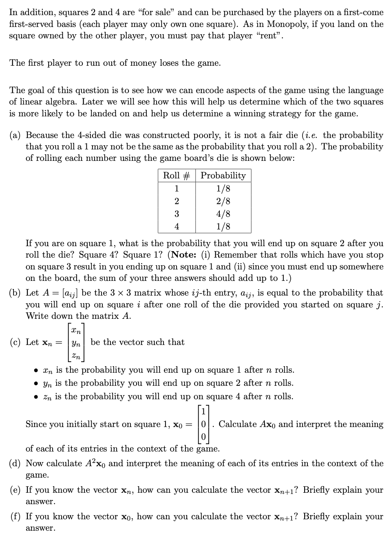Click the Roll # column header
pyautogui.click(x=177, y=176)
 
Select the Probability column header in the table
pyautogui.click(x=223, y=176)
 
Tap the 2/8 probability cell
pyautogui.click(x=223, y=201)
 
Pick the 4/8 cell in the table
pyautogui.click(x=223, y=214)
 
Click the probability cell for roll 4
pyautogui.click(x=223, y=226)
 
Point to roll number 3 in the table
pyautogui.click(x=177, y=214)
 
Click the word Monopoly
pyautogui.click(x=287, y=24)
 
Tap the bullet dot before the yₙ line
pyautogui.click(x=37, y=384)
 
